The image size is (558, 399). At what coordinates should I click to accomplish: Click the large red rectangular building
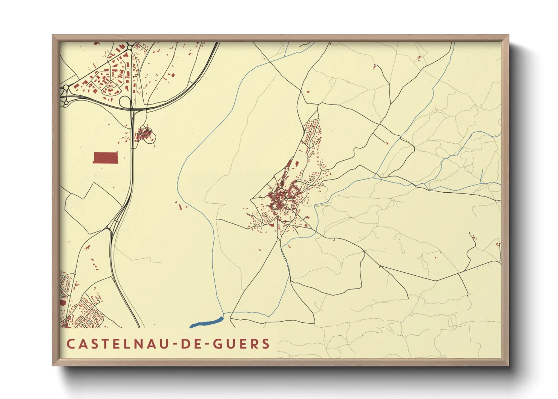(106, 158)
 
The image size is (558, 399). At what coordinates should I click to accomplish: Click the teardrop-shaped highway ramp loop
(125, 102)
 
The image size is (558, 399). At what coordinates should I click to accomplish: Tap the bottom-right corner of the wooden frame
(508, 365)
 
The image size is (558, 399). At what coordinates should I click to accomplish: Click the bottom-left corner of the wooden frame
(53, 365)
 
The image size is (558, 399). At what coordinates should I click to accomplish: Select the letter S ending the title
(266, 344)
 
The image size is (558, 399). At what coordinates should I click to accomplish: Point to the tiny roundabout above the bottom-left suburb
(75, 273)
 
